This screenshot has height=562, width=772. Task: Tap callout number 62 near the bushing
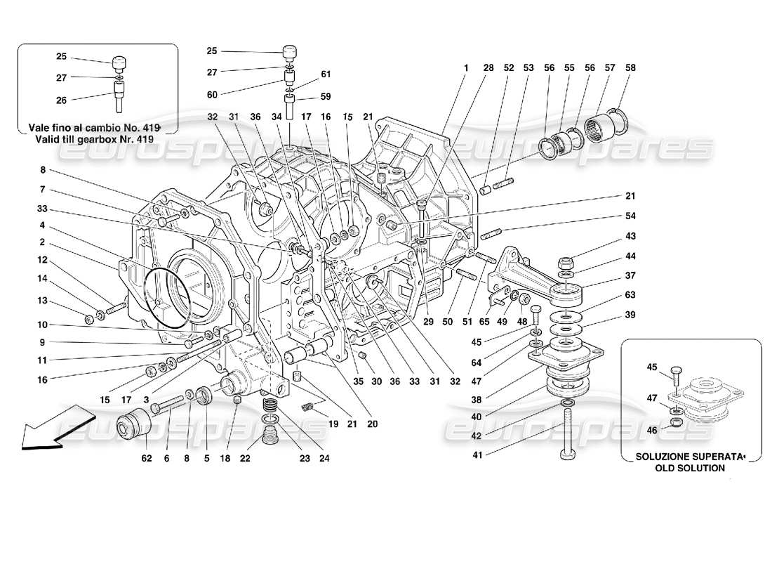(146, 459)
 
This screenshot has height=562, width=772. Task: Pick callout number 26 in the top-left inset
(61, 100)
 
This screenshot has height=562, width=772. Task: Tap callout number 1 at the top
(465, 68)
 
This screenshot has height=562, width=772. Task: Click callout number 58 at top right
(630, 68)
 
